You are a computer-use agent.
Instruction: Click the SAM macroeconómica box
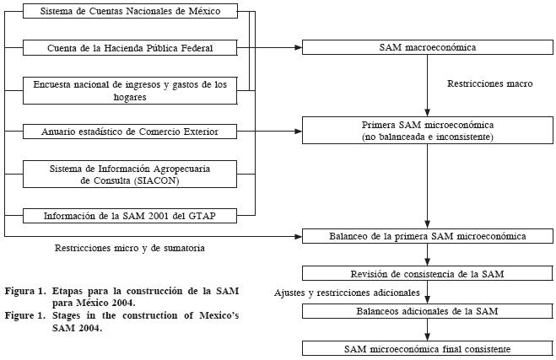point(427,47)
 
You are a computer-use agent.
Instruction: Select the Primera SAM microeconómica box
point(427,131)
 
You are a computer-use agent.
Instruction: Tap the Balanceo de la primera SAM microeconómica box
point(427,236)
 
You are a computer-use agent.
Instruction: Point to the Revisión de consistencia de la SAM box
point(427,274)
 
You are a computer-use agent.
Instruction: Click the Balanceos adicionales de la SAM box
point(427,311)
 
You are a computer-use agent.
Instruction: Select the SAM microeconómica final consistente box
point(427,348)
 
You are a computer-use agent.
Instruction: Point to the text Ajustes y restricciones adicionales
point(347,293)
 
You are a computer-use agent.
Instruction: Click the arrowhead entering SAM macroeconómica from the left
point(298,48)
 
